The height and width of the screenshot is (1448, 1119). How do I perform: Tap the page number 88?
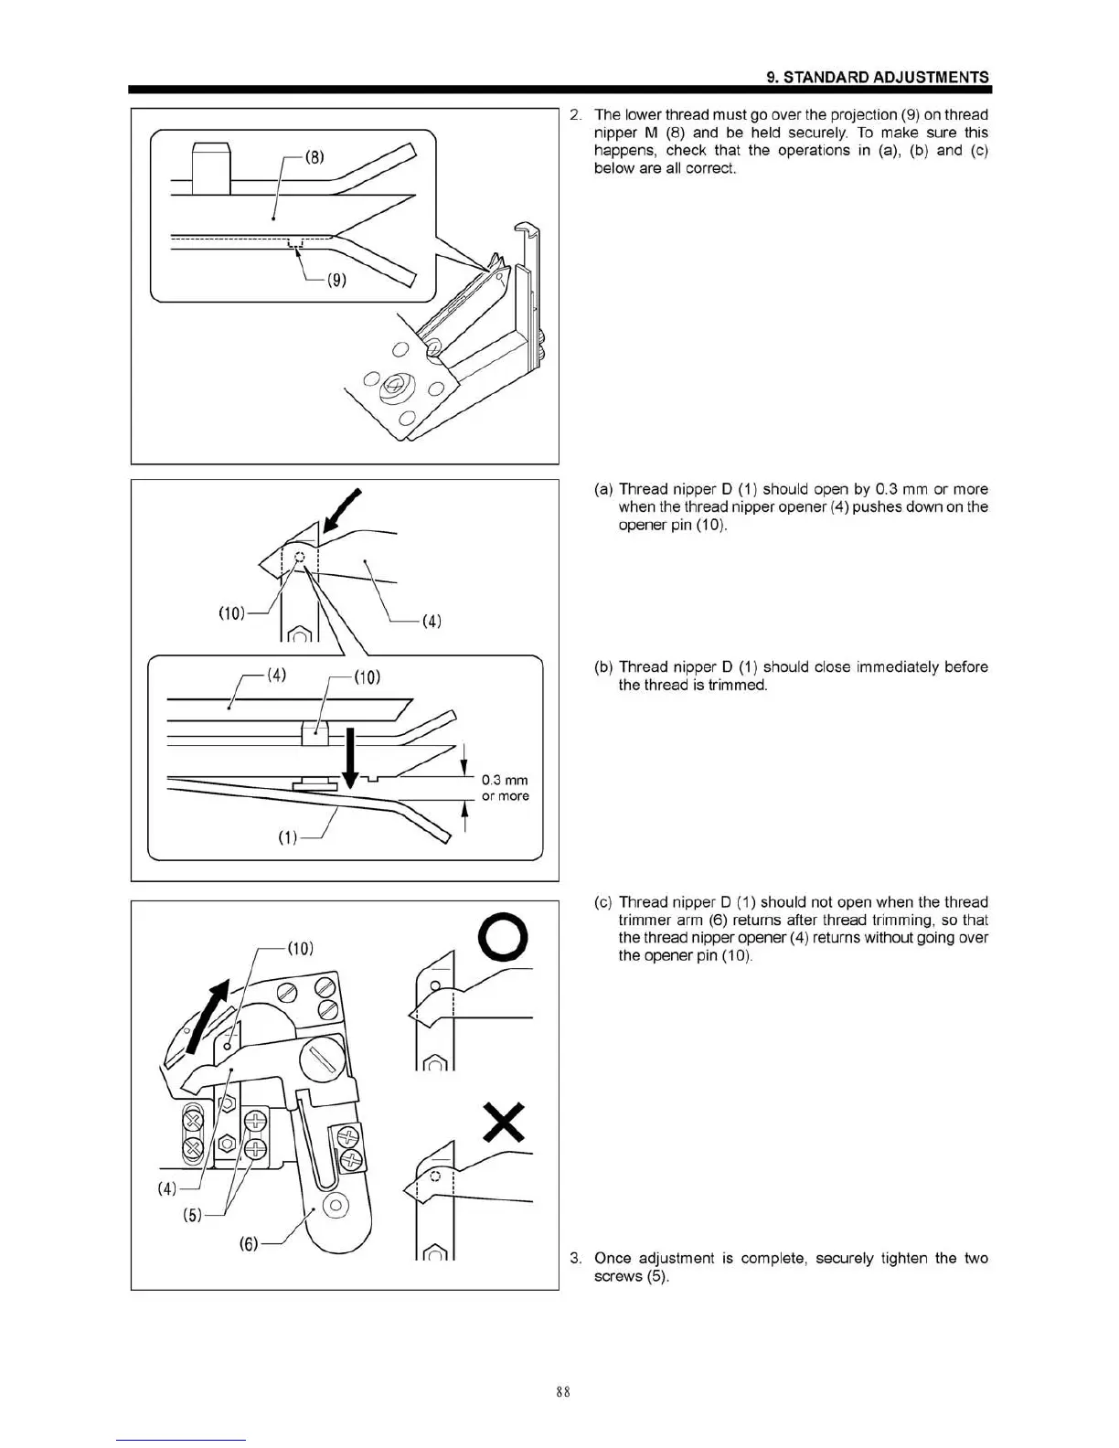point(562,1392)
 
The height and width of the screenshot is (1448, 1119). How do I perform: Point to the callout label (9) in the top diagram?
point(336,280)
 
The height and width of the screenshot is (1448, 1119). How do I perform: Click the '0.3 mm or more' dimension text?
point(505,788)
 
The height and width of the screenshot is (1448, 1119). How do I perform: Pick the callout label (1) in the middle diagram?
point(288,837)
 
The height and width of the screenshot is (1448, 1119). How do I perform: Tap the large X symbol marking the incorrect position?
point(504,1122)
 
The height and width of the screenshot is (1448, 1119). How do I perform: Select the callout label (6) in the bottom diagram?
point(249,1244)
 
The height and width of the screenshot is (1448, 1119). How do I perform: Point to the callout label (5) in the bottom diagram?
point(192,1217)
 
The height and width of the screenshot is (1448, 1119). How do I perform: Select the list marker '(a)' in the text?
point(602,489)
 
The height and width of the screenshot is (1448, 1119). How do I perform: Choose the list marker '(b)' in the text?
point(602,667)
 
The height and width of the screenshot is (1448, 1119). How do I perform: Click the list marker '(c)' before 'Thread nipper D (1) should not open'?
point(602,902)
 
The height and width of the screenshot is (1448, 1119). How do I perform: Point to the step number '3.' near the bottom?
point(576,1259)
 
